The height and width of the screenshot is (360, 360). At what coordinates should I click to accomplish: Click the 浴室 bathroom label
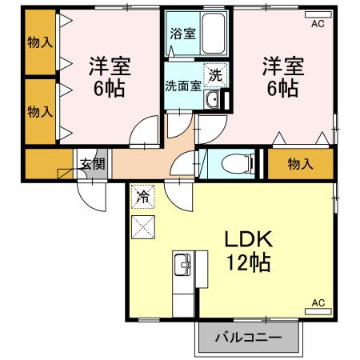point(182,34)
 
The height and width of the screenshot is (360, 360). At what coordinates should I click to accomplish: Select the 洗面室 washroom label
point(182,86)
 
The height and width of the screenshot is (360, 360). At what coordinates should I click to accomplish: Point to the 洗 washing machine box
point(215,75)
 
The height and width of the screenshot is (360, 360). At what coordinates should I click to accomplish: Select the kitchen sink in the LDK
point(182,265)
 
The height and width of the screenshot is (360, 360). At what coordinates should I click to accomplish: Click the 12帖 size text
point(248,262)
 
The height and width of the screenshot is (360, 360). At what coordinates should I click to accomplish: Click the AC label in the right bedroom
point(318,24)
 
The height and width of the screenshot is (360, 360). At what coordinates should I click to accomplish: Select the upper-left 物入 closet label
point(37,42)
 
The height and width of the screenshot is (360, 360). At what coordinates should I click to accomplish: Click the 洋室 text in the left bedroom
point(110,66)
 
